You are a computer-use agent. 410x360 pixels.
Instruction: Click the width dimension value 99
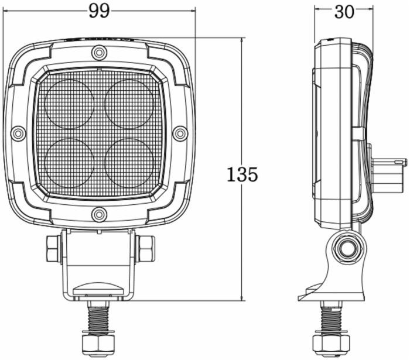pyautogui.click(x=100, y=10)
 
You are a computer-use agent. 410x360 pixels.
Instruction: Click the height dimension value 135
pyautogui.click(x=242, y=174)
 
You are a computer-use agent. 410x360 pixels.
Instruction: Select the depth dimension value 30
pyautogui.click(x=344, y=11)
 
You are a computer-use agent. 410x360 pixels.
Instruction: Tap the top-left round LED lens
pyautogui.click(x=69, y=104)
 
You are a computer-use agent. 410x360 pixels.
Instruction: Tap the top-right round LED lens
pyautogui.click(x=129, y=103)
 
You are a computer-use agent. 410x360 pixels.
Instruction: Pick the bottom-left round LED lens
pyautogui.click(x=69, y=163)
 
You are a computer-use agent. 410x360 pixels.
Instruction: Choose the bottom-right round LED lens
pyautogui.click(x=129, y=162)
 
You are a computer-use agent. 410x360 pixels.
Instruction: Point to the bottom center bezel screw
pyautogui.click(x=99, y=198)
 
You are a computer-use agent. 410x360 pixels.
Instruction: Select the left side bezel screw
pyautogui.click(x=18, y=132)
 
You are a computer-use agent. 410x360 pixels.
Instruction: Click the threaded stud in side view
pyautogui.click(x=331, y=319)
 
